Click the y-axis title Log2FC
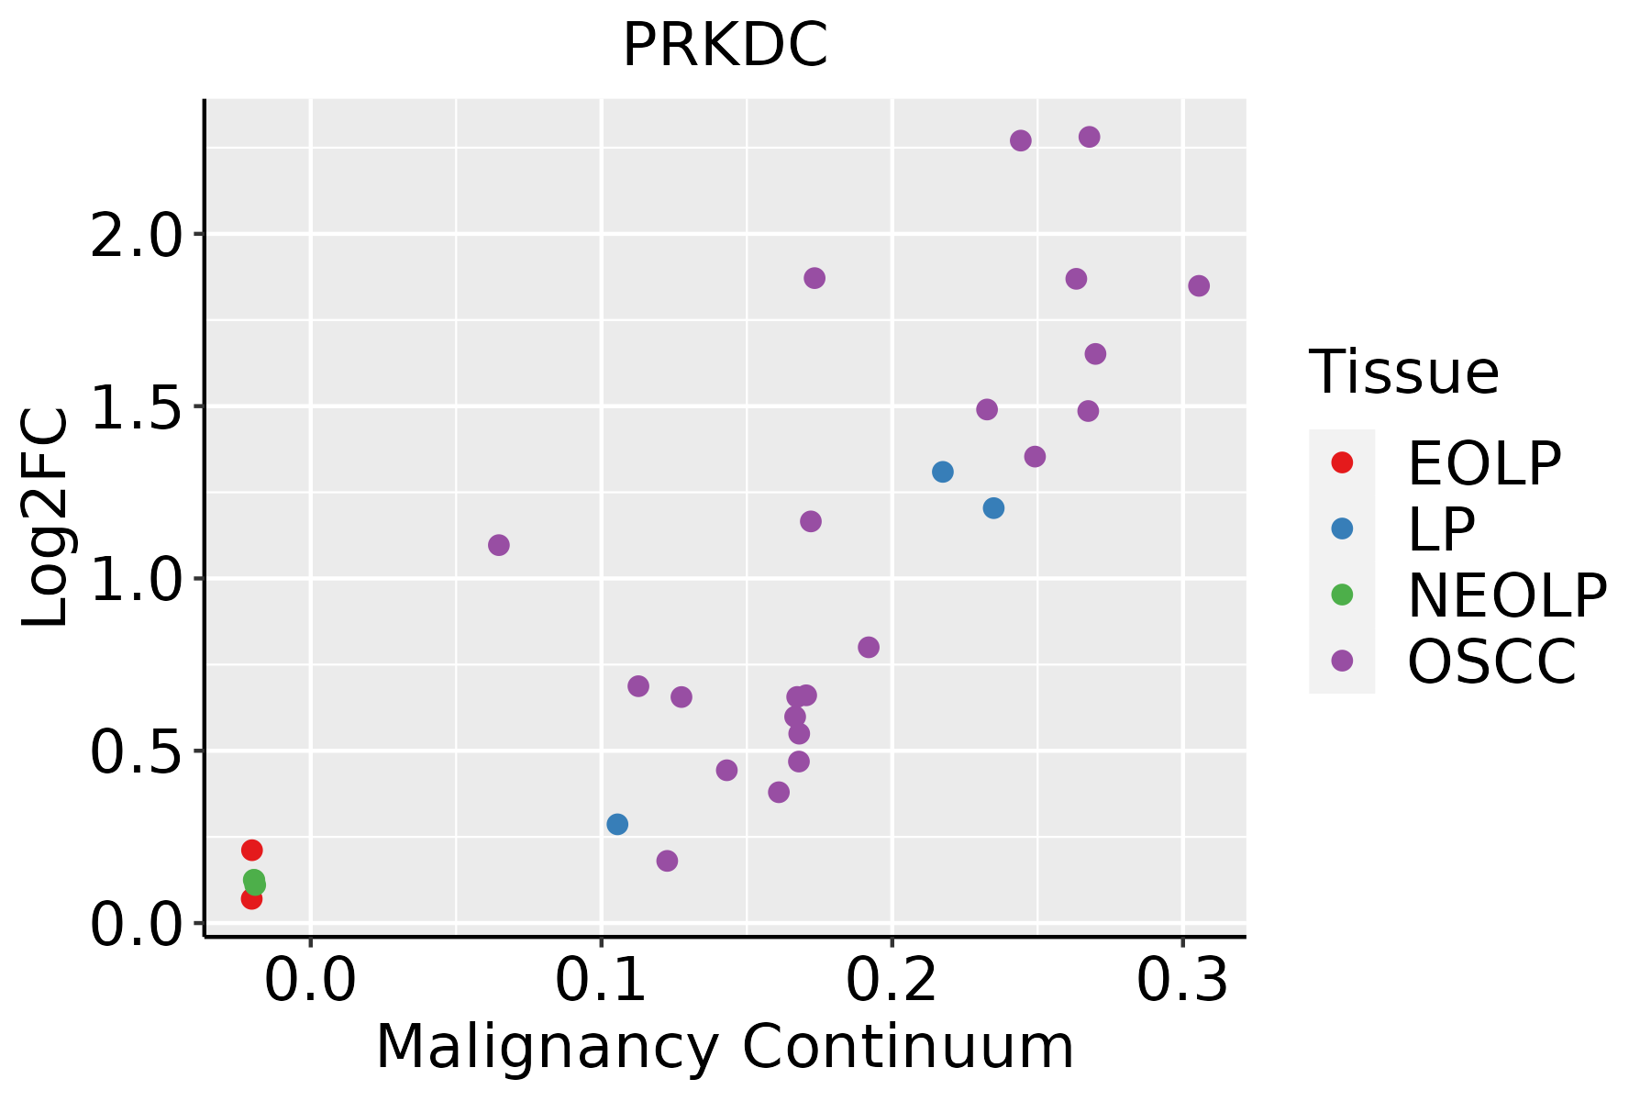point(46,518)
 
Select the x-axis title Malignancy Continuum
point(725,1048)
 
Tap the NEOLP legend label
point(1506,595)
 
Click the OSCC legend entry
point(1491,662)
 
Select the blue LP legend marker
point(1342,528)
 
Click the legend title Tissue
point(1403,373)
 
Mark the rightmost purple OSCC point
point(1199,286)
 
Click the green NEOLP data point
point(254,881)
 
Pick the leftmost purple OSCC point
point(499,545)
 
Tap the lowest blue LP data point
point(617,824)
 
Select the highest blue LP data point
point(943,472)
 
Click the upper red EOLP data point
point(252,851)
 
